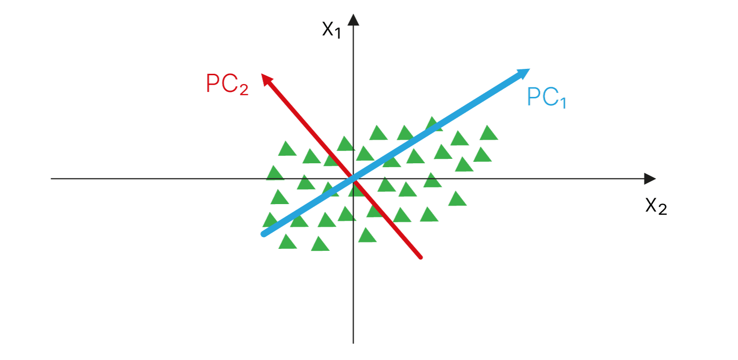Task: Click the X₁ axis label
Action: click(331, 30)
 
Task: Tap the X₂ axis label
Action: click(656, 207)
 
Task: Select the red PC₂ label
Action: click(227, 84)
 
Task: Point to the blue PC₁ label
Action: click(546, 97)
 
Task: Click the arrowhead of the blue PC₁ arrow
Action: click(523, 73)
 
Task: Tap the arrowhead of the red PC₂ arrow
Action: click(266, 79)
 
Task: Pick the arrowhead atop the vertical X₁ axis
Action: click(353, 20)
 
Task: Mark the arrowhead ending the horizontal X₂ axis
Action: click(650, 179)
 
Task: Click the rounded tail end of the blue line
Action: click(264, 234)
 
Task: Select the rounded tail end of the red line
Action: click(420, 257)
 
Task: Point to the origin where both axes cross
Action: click(353, 179)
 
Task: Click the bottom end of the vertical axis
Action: click(353, 343)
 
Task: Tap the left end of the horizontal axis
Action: click(51, 179)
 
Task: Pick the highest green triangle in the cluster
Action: click(433, 124)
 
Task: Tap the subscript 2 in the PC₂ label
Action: click(244, 90)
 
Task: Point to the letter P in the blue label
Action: click(534, 96)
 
